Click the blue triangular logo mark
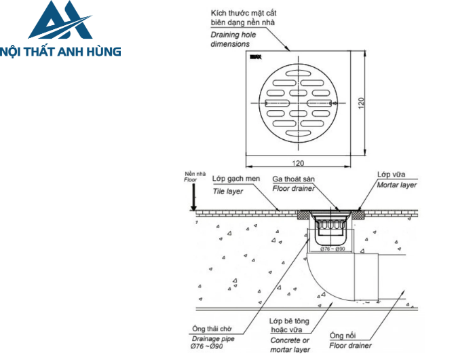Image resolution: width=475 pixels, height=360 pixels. [60, 20]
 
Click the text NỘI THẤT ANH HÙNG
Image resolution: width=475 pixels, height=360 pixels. [61, 51]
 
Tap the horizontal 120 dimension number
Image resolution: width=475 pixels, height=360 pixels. [297, 164]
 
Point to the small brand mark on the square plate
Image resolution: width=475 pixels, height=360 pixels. [254, 60]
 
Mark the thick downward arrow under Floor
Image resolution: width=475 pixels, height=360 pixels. [193, 197]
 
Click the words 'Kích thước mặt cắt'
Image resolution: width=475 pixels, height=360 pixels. [243, 14]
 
